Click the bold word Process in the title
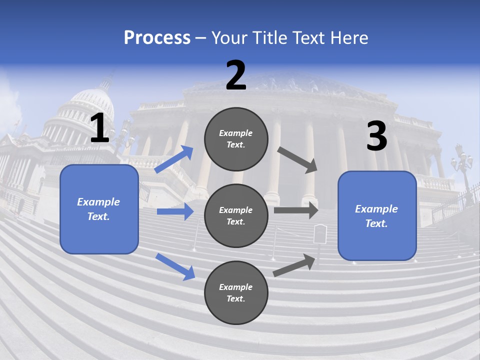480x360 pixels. click(x=157, y=37)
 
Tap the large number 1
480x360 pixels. click(x=100, y=127)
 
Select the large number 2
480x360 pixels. click(x=235, y=75)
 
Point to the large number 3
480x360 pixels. click(x=377, y=135)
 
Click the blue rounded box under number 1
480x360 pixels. click(x=99, y=209)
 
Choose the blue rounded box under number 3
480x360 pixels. click(x=377, y=216)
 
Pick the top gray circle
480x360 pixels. click(x=236, y=139)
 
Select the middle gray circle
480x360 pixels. click(x=236, y=216)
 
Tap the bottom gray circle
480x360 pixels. click(x=236, y=292)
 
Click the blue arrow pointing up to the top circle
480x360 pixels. click(x=174, y=159)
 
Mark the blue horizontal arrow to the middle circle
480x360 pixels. click(x=175, y=211)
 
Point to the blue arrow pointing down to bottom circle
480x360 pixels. click(x=175, y=266)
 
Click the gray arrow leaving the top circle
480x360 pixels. click(x=297, y=160)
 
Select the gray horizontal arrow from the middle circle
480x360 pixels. click(x=296, y=210)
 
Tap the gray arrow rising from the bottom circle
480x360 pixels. click(x=294, y=265)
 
